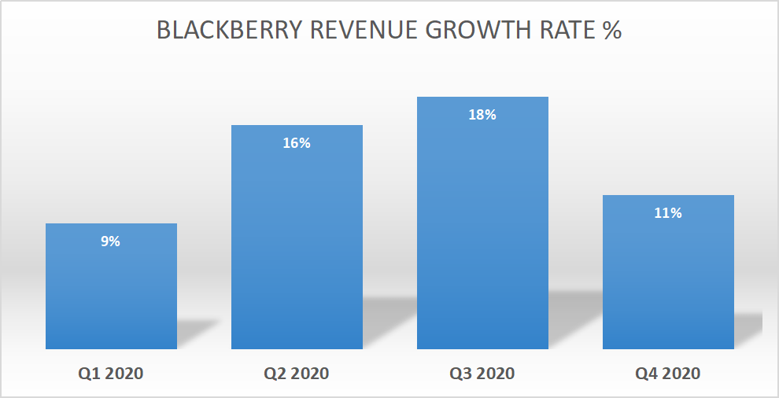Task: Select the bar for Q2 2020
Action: (x=297, y=244)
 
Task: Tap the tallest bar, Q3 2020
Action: (x=482, y=228)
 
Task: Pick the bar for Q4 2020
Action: (x=668, y=279)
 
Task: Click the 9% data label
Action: (x=111, y=241)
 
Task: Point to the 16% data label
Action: (x=297, y=143)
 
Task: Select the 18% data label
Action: (x=482, y=115)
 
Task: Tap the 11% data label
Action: (x=668, y=213)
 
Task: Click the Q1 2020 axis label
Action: (x=111, y=373)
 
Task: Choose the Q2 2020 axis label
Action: (x=297, y=373)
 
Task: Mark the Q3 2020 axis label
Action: (x=482, y=373)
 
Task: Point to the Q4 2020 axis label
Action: (x=668, y=373)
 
